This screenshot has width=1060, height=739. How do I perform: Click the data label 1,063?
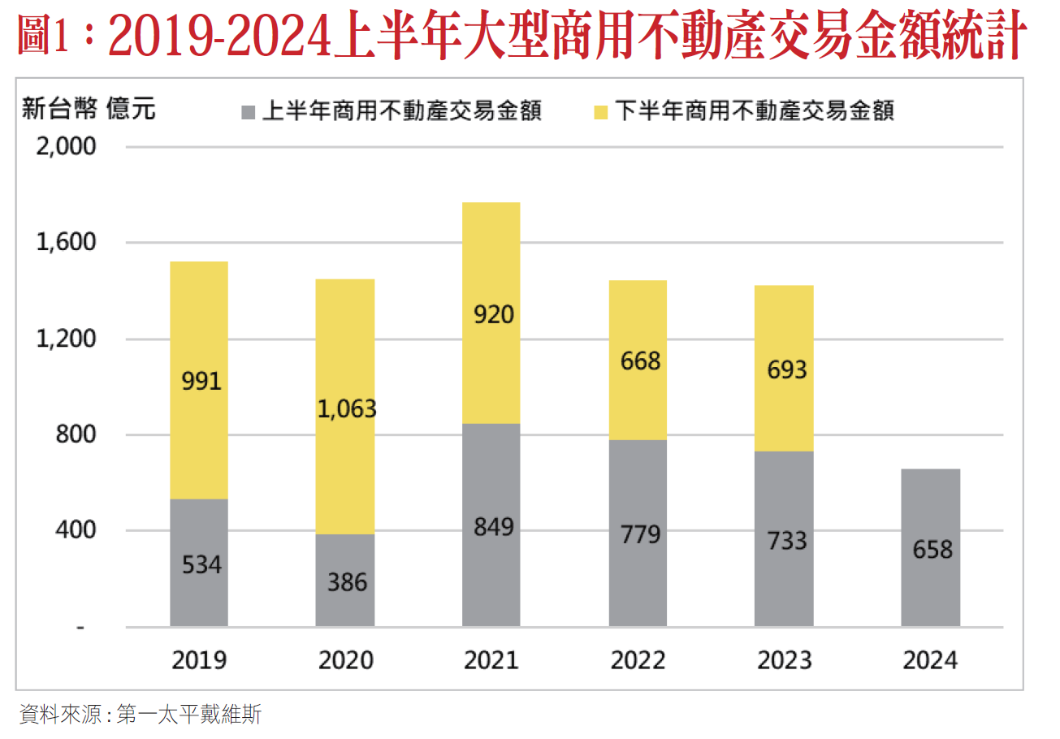[347, 408]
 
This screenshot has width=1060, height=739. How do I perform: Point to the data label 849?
[492, 527]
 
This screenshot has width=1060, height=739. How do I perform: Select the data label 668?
[640, 361]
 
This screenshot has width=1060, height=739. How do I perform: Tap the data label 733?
[785, 540]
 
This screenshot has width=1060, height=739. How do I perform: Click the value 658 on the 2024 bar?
[932, 550]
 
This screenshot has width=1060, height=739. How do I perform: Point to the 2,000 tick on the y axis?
[67, 147]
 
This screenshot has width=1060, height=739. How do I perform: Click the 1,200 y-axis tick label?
[67, 339]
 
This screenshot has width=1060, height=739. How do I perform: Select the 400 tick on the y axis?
[76, 530]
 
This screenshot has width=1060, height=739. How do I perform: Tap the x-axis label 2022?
[638, 660]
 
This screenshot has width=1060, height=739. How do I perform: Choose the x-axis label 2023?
[785, 660]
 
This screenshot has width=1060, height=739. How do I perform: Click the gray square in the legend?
[249, 111]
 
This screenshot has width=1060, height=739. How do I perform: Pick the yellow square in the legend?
[601, 111]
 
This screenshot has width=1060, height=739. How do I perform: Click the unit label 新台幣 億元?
[88, 108]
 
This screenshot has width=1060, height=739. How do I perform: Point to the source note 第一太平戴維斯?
[189, 715]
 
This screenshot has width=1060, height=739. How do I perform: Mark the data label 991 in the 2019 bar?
[201, 380]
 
